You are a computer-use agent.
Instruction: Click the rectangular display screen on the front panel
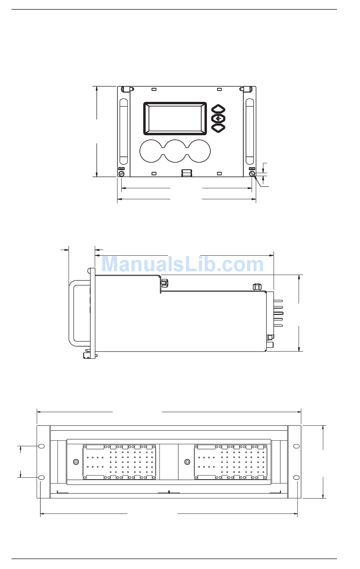tap(175, 118)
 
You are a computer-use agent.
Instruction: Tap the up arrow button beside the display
tap(218, 109)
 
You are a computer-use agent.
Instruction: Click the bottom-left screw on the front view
tap(121, 174)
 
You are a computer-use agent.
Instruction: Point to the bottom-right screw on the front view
tap(252, 174)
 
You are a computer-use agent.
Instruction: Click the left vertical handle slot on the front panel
tap(124, 131)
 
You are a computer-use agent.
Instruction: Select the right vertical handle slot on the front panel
tap(250, 131)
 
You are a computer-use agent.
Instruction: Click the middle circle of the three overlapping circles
tap(175, 151)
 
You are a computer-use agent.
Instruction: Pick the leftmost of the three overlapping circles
tap(152, 151)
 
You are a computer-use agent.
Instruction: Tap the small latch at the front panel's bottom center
tap(187, 173)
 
